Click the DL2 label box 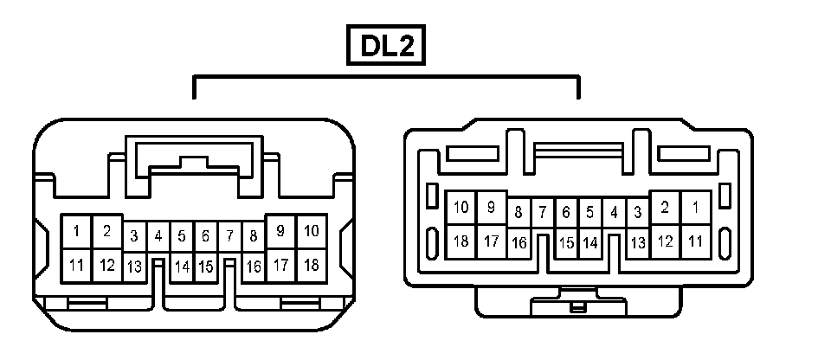pyautogui.click(x=387, y=47)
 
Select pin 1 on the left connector pyautogui.click(x=77, y=232)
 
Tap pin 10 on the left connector pyautogui.click(x=312, y=232)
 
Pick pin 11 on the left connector pyautogui.click(x=77, y=265)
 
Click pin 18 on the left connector pyautogui.click(x=312, y=265)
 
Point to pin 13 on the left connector pyautogui.click(x=134, y=267)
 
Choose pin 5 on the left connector pyautogui.click(x=182, y=235)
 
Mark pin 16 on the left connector pyautogui.click(x=254, y=267)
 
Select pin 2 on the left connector pyautogui.click(x=106, y=232)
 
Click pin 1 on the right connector pyautogui.click(x=695, y=208)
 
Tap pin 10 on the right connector pyautogui.click(x=461, y=208)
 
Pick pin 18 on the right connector pyautogui.click(x=461, y=241)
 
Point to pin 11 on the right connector pyautogui.click(x=695, y=241)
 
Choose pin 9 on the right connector pyautogui.click(x=491, y=208)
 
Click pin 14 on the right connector pyautogui.click(x=590, y=243)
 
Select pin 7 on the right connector pyautogui.click(x=543, y=211)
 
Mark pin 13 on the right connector pyautogui.click(x=638, y=243)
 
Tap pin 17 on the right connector pyautogui.click(x=491, y=241)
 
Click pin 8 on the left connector pyautogui.click(x=254, y=235)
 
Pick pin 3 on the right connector pyautogui.click(x=638, y=211)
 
